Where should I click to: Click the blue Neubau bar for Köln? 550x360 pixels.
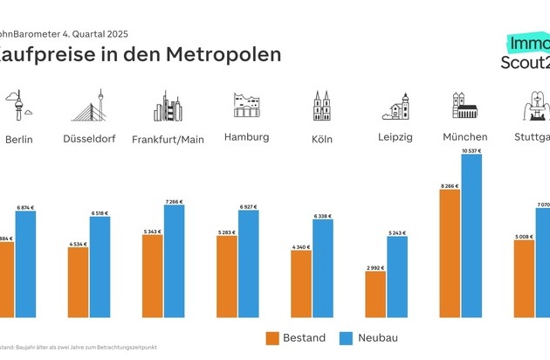pos(323,268)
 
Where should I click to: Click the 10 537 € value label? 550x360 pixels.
pos(471,151)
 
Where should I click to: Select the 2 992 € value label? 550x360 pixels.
pos(375,268)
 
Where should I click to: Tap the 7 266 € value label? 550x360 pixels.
pos(174,202)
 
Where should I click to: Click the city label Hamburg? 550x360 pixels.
pos(246,137)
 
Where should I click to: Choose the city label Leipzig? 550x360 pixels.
pos(395,138)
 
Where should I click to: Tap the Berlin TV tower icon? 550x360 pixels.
pos(18,106)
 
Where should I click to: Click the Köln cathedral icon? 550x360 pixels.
pos(323,105)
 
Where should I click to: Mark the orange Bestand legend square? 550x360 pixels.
pos(271,337)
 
